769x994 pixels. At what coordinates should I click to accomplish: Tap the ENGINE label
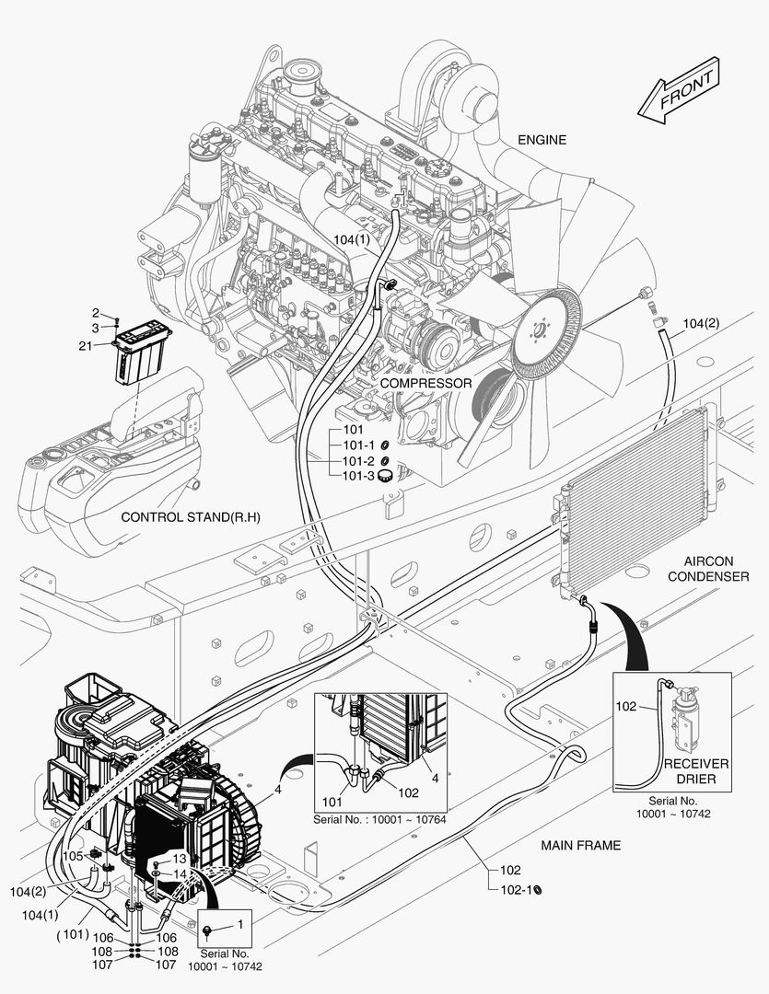click(542, 140)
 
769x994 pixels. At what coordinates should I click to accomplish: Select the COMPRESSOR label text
click(425, 383)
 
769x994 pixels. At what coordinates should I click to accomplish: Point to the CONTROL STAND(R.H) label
click(191, 517)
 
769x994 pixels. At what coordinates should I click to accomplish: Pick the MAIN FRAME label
click(580, 845)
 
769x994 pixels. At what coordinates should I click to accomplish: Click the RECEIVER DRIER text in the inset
click(696, 772)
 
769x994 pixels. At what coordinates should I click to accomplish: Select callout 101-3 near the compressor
click(358, 476)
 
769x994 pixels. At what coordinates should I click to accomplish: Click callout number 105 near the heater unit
click(73, 855)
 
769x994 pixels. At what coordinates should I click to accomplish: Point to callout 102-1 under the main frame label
click(515, 889)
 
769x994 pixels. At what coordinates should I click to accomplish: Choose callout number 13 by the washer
click(179, 859)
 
